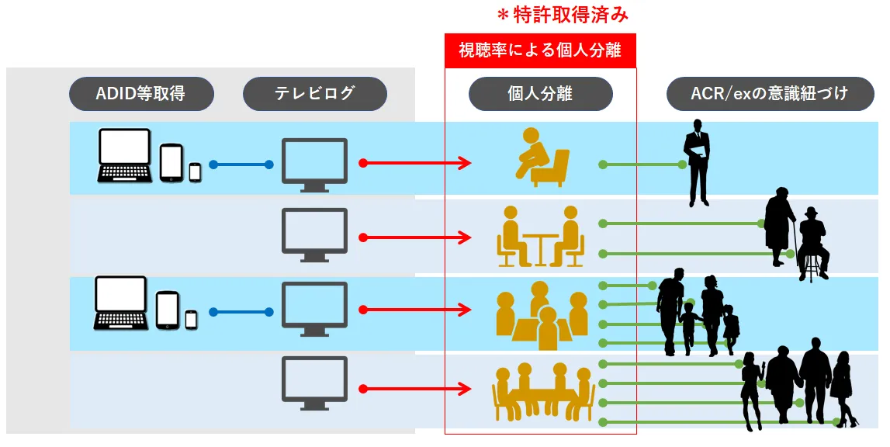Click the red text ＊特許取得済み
click(562, 15)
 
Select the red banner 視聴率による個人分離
click(540, 51)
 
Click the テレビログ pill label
click(314, 94)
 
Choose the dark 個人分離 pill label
click(540, 94)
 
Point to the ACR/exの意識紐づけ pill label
click(770, 94)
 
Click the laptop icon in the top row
click(125, 155)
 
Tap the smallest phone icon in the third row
click(191, 318)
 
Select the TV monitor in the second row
click(313, 235)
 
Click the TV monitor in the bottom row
click(313, 383)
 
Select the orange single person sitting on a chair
click(542, 157)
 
